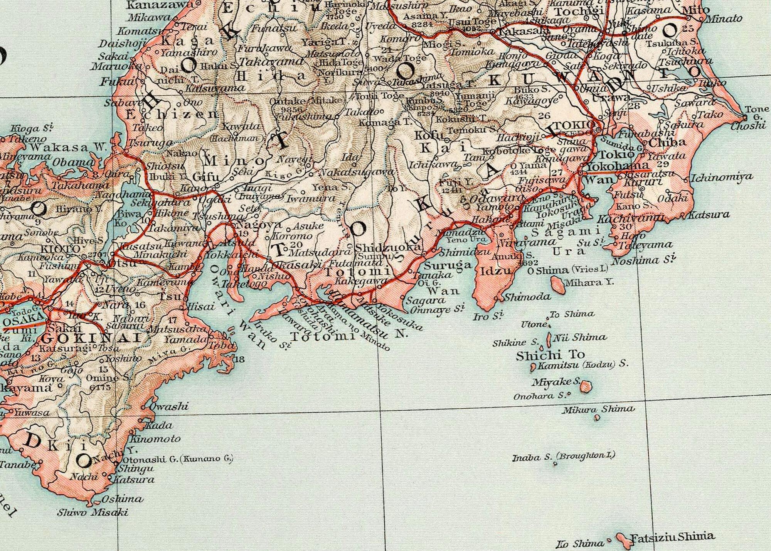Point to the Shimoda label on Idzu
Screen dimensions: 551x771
coord(528,297)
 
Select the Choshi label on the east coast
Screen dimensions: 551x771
coord(748,126)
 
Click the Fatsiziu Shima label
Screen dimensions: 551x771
coord(672,537)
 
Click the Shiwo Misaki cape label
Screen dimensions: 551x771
coord(93,512)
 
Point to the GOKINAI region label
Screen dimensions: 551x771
coord(91,338)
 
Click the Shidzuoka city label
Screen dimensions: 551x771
coord(388,247)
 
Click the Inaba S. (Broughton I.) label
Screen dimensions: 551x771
coord(563,457)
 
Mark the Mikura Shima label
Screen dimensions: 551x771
coord(598,409)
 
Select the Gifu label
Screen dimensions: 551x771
coord(205,177)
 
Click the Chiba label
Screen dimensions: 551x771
coord(667,142)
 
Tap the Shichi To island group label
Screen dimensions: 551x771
coord(550,355)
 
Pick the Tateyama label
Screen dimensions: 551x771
coord(645,245)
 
